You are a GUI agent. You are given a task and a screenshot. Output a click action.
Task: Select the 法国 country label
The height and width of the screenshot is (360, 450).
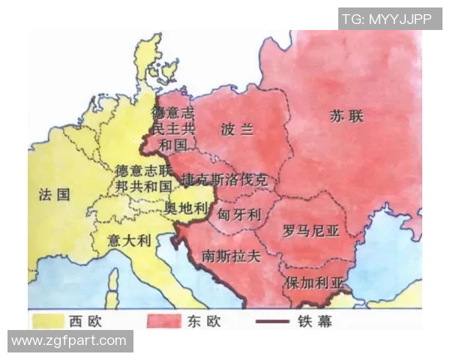tap(54, 195)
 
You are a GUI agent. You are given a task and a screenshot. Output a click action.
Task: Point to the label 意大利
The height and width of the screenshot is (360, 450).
tap(130, 241)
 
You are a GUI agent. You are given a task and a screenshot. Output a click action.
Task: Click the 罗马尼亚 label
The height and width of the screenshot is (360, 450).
tap(311, 231)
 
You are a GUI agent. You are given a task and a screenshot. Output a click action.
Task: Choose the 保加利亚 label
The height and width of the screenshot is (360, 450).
tap(314, 283)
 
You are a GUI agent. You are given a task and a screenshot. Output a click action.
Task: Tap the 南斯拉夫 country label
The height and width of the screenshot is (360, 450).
tap(231, 256)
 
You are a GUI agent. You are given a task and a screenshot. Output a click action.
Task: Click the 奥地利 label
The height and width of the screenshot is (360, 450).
tap(184, 207)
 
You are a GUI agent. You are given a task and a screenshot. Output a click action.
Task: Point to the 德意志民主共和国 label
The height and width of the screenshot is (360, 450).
tap(172, 128)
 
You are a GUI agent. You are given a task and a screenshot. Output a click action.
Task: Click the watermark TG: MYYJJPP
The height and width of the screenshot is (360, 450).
tap(389, 19)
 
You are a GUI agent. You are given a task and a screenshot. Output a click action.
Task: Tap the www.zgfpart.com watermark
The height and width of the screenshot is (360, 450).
tap(69, 341)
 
